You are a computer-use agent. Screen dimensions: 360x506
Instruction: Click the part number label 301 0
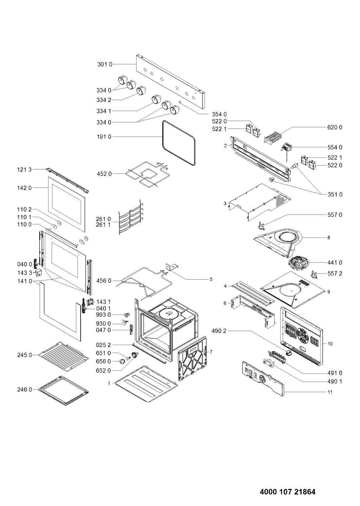click(x=105, y=64)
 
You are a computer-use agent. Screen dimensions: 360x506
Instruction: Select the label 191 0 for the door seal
click(x=104, y=137)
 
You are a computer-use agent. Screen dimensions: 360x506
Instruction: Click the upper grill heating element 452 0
click(x=148, y=173)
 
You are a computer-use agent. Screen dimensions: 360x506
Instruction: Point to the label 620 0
click(x=335, y=127)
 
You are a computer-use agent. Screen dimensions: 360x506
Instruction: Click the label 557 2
click(x=335, y=273)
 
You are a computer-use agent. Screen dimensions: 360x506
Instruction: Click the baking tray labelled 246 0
click(x=63, y=391)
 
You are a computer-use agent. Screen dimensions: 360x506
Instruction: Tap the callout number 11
click(x=330, y=392)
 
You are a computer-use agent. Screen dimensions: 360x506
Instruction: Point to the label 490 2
click(x=219, y=331)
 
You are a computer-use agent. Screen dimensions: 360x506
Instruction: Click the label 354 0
click(x=219, y=114)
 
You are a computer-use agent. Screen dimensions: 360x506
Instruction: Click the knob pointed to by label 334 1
click(x=156, y=99)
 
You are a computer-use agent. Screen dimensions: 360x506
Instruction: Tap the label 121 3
click(x=25, y=169)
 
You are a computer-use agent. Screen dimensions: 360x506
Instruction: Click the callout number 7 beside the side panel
click(x=211, y=352)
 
